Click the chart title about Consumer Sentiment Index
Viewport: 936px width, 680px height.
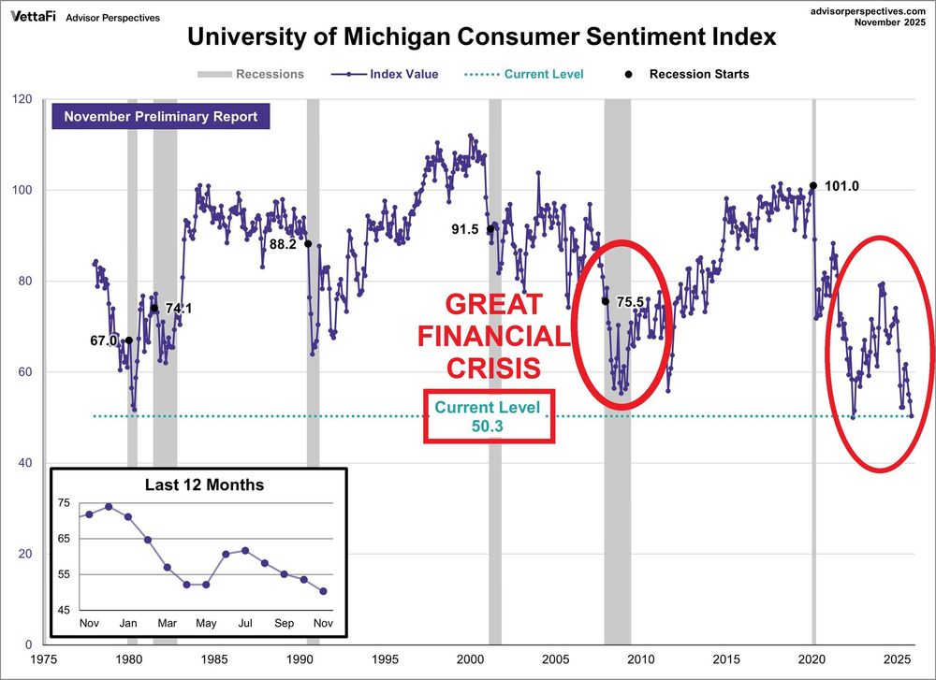(x=482, y=37)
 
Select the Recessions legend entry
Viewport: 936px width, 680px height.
(x=251, y=74)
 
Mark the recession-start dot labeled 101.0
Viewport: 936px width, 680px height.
(x=813, y=185)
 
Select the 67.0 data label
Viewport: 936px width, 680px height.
(x=103, y=341)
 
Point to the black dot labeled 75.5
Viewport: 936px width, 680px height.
(x=605, y=301)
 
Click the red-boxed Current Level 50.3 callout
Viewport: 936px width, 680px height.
(x=489, y=416)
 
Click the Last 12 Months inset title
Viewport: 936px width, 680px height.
(x=204, y=485)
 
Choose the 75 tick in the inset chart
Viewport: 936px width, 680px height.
(x=65, y=503)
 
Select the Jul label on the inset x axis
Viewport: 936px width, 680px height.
(x=246, y=624)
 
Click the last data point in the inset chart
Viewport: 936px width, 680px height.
(x=324, y=591)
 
